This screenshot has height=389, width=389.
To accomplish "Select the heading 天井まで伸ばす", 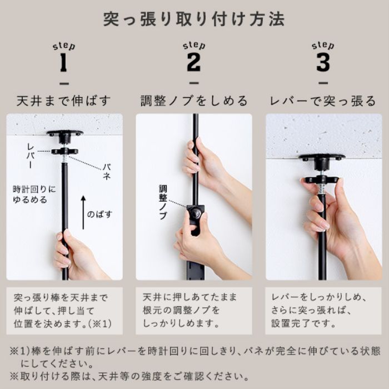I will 64,101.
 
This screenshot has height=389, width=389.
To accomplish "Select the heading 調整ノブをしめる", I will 194,101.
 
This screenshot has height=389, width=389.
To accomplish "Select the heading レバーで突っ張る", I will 323,101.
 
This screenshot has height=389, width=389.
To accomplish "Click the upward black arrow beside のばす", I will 83,212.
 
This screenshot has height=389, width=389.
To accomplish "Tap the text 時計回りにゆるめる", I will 34,194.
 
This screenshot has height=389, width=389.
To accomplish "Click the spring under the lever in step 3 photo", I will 322,189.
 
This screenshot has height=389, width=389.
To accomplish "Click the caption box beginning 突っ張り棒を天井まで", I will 64,310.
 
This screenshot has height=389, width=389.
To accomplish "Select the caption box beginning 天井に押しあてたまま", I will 194,310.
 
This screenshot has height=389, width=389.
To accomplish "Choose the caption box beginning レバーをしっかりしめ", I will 323,310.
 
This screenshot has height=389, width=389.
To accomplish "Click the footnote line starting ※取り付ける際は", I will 128,376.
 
